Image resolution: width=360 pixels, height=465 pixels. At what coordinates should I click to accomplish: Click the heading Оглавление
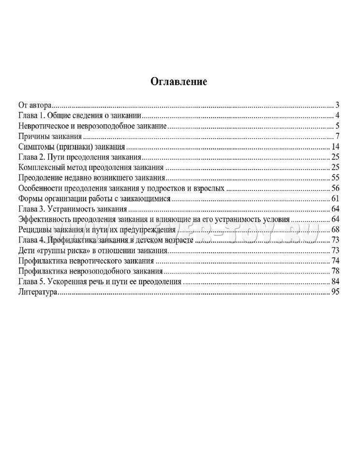point(179,81)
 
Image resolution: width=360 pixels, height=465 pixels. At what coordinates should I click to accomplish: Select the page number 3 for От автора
point(336,105)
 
